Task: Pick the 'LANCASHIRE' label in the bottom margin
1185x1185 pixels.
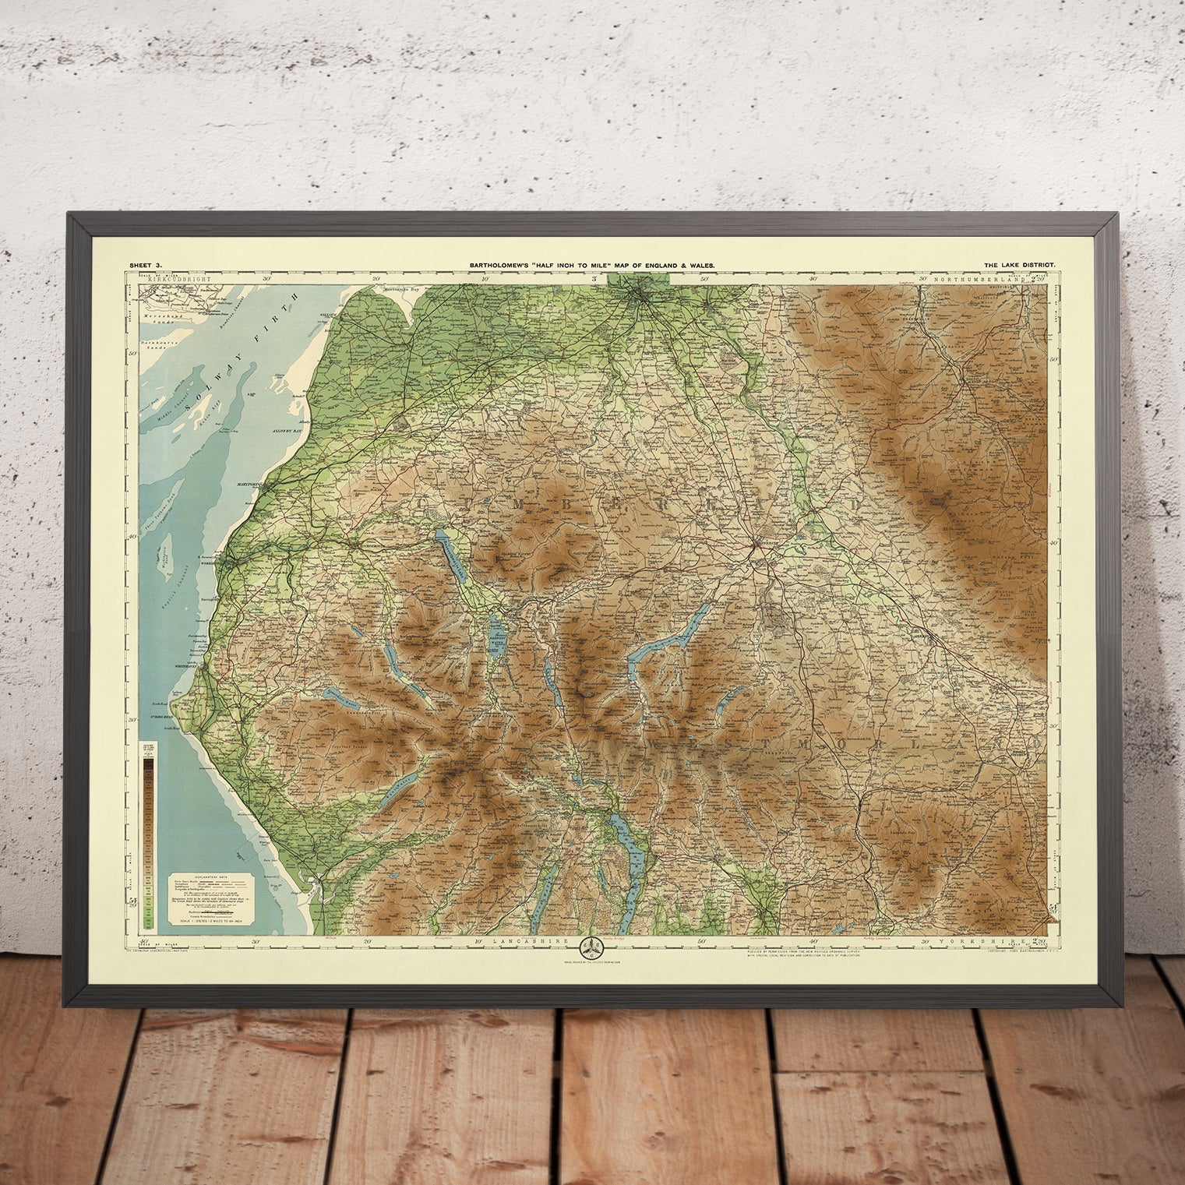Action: (524, 941)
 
